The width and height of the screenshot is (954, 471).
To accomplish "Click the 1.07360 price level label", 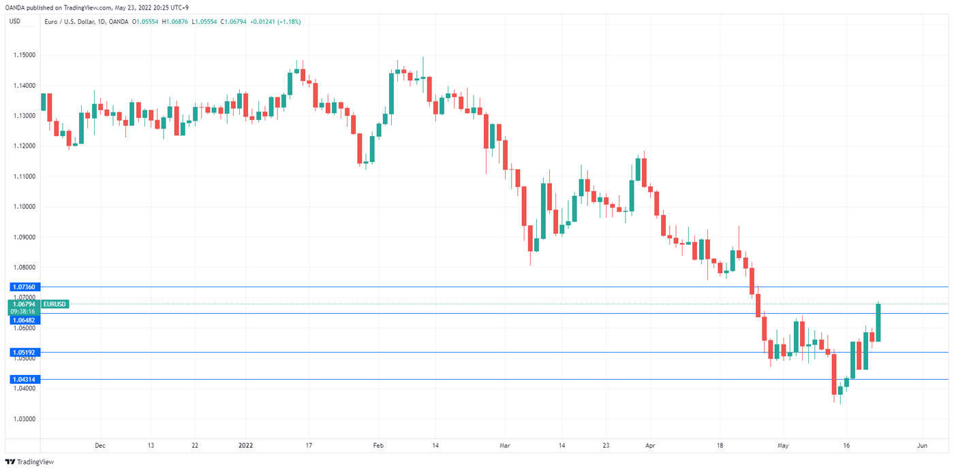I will pos(23,287).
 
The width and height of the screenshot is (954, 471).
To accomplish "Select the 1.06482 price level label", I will pos(23,319).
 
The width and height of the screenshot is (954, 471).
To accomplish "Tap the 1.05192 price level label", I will pos(23,353).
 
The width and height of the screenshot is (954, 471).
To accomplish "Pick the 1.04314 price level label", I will pos(23,379).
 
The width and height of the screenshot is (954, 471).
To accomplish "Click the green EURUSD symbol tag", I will pos(55,304).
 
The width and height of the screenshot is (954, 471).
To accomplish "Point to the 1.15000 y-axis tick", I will pos(23,55).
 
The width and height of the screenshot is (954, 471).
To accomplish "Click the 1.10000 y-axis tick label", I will pos(23,207).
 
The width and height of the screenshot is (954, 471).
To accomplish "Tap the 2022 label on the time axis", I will pos(245,446).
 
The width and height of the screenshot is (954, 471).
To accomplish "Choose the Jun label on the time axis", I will pos(922,446).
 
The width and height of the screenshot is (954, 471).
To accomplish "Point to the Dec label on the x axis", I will pos(99,446).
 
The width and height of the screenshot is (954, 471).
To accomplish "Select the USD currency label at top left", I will pos(15,22).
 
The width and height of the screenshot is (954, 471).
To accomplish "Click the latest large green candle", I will pos(879,323).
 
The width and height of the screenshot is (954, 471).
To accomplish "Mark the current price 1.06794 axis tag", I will pos(23,304).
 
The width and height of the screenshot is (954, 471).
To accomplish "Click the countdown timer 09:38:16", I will pos(23,311).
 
